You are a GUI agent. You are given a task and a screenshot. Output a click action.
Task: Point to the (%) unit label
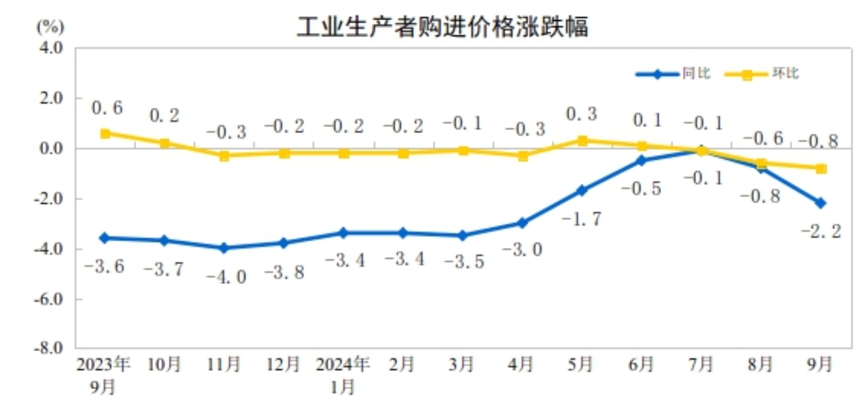(x=50, y=26)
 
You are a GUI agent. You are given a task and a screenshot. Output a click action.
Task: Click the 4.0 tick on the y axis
(x=51, y=48)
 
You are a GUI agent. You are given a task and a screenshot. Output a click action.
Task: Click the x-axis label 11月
(x=224, y=364)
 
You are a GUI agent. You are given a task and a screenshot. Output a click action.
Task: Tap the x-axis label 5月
(x=581, y=364)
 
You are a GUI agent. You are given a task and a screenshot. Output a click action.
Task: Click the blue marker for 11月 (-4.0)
(x=224, y=248)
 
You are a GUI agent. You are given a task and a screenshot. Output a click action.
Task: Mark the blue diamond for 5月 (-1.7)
(x=582, y=191)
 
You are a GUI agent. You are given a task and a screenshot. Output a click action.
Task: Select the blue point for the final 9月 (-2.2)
(x=820, y=203)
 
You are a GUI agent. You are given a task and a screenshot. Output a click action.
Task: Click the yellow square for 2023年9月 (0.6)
(x=105, y=134)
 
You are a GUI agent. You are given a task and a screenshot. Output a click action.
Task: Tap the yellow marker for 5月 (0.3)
(x=582, y=141)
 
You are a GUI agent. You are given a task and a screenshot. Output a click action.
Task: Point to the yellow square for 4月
(x=523, y=156)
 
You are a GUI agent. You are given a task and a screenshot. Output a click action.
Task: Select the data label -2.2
(x=821, y=231)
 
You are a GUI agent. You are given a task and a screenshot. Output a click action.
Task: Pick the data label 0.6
(x=107, y=108)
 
